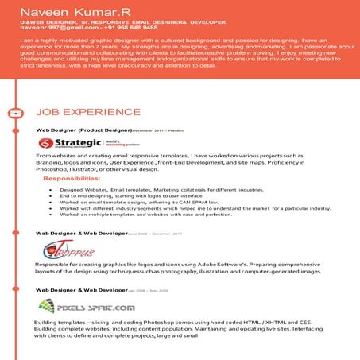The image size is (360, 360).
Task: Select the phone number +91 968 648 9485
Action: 117,27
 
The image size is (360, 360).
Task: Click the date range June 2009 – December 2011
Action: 149,234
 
